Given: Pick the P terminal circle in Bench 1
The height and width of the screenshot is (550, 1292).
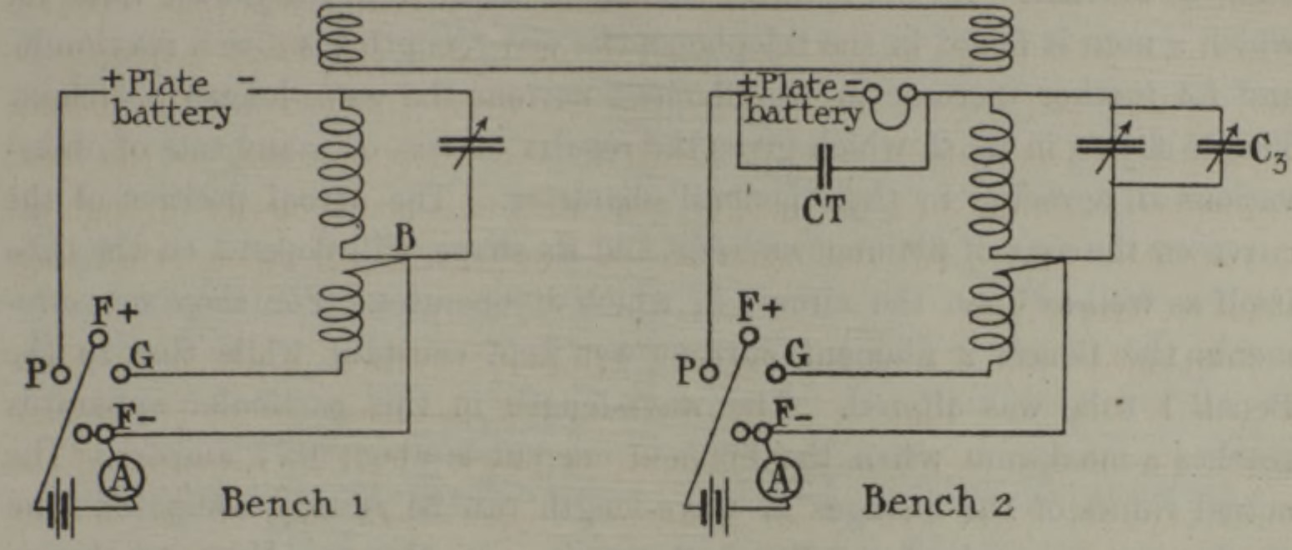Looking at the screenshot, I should point(58,372).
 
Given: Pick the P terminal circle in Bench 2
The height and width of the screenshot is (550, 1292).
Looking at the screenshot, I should point(709,372).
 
